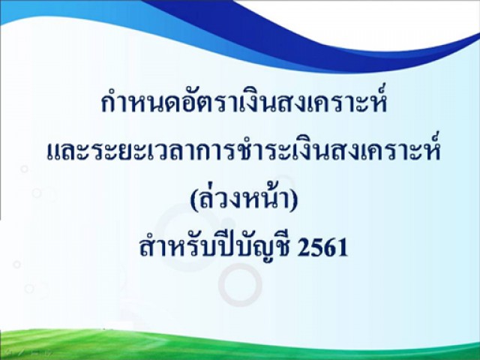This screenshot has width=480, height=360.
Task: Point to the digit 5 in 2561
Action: (x=316, y=247)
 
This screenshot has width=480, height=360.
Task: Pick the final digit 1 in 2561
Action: (x=342, y=247)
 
